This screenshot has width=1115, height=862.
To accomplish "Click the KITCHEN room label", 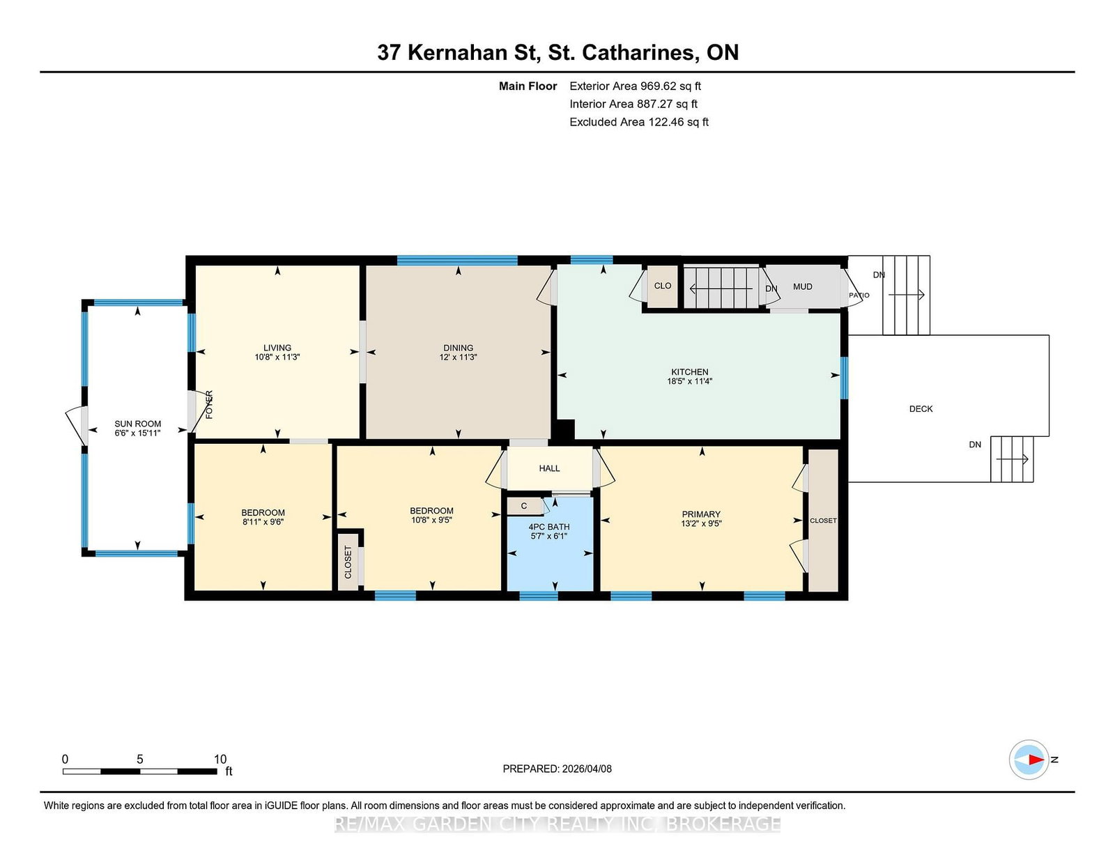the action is pyautogui.click(x=690, y=372).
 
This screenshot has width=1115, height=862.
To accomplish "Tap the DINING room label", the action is pyautogui.click(x=459, y=348).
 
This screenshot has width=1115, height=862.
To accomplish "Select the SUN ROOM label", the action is pyautogui.click(x=137, y=424).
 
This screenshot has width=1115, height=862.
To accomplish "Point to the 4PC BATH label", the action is pyautogui.click(x=549, y=527).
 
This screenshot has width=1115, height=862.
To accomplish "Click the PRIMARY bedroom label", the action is pyautogui.click(x=701, y=514).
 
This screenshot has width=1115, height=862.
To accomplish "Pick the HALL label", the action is pyautogui.click(x=549, y=468).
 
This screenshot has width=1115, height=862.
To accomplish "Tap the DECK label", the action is pyautogui.click(x=921, y=409).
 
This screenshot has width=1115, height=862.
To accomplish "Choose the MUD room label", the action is pyautogui.click(x=803, y=287).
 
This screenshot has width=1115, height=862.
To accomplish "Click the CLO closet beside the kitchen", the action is pyautogui.click(x=663, y=286).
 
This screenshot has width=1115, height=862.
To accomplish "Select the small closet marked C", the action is pyautogui.click(x=524, y=506).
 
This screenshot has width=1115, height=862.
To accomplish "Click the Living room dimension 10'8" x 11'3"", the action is pyautogui.click(x=277, y=357).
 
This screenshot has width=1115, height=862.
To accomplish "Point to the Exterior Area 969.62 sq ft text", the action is pyautogui.click(x=635, y=86).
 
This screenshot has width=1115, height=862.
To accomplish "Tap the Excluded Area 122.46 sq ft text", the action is pyautogui.click(x=639, y=122).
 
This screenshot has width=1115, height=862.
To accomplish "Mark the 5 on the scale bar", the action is pyautogui.click(x=139, y=760).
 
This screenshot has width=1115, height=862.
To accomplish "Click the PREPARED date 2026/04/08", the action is pyautogui.click(x=587, y=769).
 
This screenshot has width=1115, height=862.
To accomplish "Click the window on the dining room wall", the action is pyautogui.click(x=457, y=260).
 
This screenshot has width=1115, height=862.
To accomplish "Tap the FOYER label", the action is pyautogui.click(x=209, y=405).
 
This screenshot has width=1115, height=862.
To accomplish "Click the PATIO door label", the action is pyautogui.click(x=859, y=295).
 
